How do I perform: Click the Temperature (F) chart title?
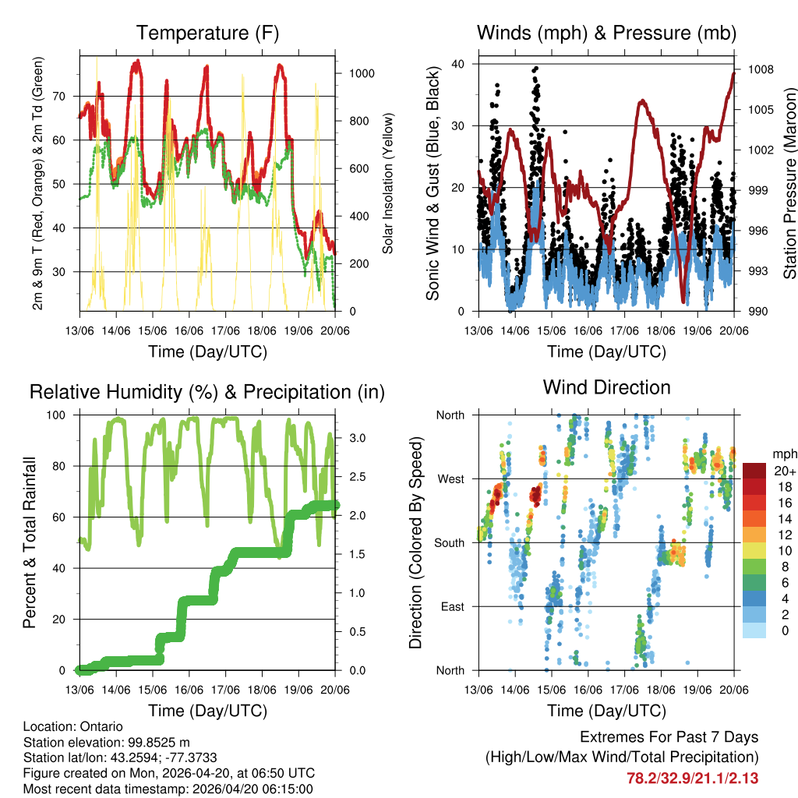tap(207, 33)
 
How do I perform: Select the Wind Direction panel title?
tap(606, 387)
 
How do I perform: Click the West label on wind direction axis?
tap(450, 478)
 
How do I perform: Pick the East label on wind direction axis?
tap(451, 606)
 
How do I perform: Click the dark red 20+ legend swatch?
tap(754, 471)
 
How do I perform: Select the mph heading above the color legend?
tap(783, 454)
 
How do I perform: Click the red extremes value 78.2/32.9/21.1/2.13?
tap(692, 778)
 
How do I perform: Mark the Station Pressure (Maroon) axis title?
tap(789, 183)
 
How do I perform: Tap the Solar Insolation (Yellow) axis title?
tap(387, 183)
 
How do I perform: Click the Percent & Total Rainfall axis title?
tap(30, 542)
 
